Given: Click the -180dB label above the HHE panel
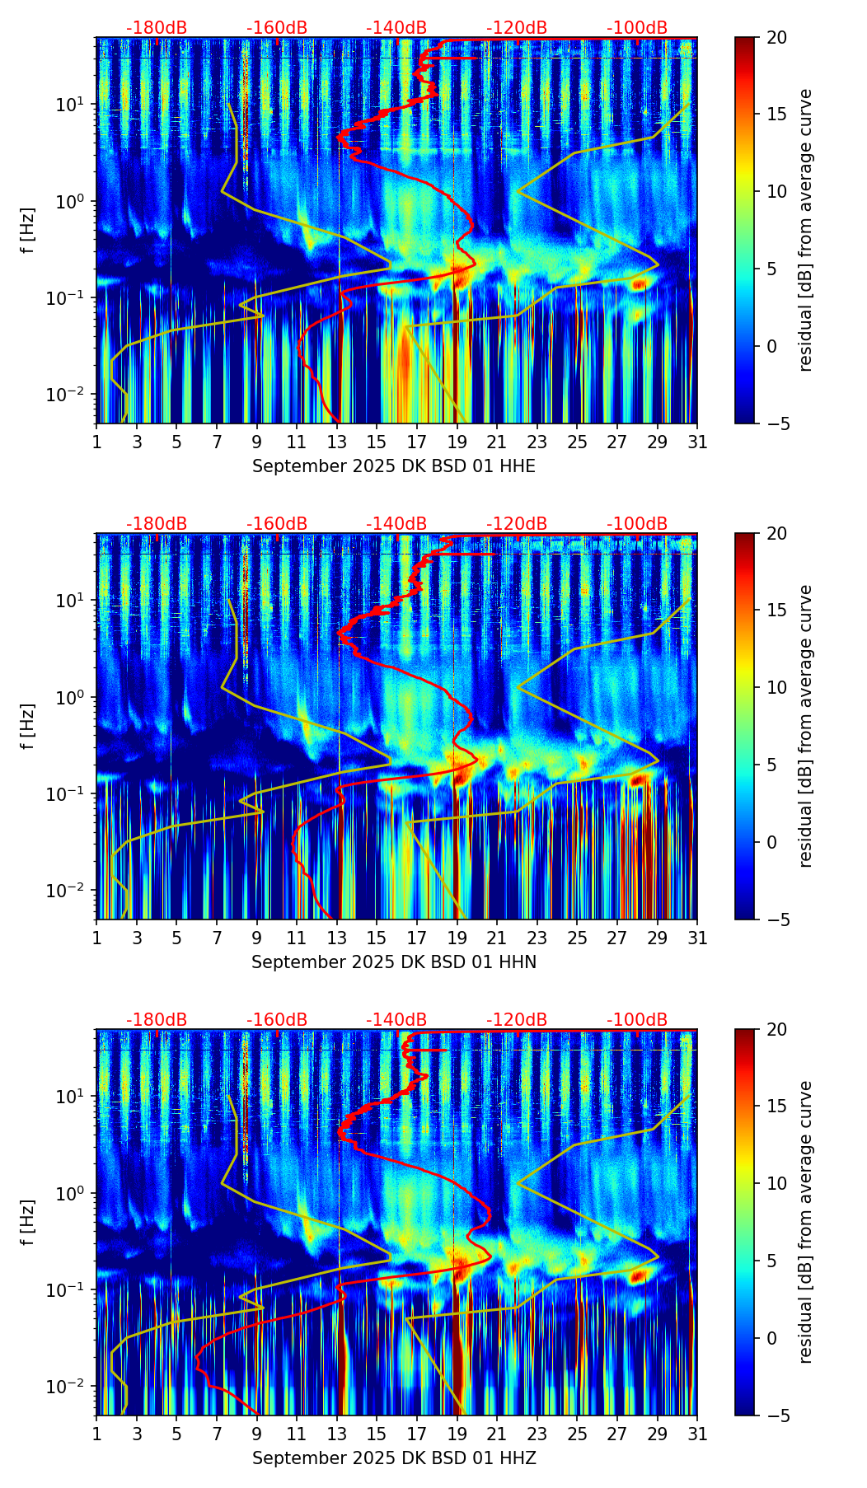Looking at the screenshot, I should (x=157, y=28).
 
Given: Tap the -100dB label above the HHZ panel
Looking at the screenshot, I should (x=637, y=1020).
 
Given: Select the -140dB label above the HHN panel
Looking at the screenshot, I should (x=396, y=524).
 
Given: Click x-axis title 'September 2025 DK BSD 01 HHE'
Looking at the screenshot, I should (x=393, y=466).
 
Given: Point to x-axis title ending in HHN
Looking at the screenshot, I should (x=393, y=962).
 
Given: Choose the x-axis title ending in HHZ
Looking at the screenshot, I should (x=393, y=1458).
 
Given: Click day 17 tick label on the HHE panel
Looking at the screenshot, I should (x=417, y=442).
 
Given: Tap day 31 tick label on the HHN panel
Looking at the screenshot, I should (x=697, y=938).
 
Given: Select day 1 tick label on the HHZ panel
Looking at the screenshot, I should (x=97, y=1434).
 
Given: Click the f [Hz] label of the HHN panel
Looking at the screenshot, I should (x=28, y=726).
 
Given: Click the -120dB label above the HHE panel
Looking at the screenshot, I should (x=517, y=28).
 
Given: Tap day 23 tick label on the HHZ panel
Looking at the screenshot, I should (x=537, y=1434).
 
